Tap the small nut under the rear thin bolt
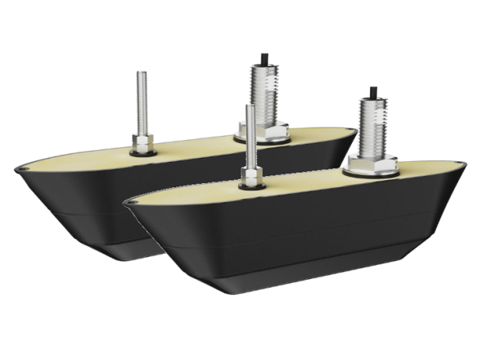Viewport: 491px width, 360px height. (x=143, y=140)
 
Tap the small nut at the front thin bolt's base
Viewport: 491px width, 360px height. (x=250, y=174)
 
